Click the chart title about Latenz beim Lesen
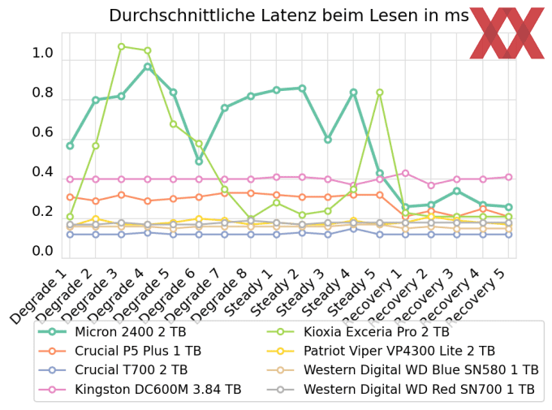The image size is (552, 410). [x=288, y=16]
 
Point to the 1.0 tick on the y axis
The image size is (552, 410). [x=42, y=54]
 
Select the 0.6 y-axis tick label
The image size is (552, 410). [x=42, y=132]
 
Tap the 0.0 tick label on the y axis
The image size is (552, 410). [x=42, y=251]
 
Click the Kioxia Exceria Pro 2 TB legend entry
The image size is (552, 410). [x=376, y=332]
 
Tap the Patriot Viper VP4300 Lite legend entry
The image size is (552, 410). [x=399, y=351]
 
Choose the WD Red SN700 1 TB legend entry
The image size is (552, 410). [x=420, y=389]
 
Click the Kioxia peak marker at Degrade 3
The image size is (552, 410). [x=121, y=46]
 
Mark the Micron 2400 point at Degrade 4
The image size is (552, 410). [x=147, y=67]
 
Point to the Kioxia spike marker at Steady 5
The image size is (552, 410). [x=379, y=93]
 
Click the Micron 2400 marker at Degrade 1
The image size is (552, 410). [x=70, y=146]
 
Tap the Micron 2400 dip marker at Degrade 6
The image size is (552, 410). [x=199, y=162]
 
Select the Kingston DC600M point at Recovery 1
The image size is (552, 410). [x=405, y=173]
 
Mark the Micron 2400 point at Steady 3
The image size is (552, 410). [x=328, y=140]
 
